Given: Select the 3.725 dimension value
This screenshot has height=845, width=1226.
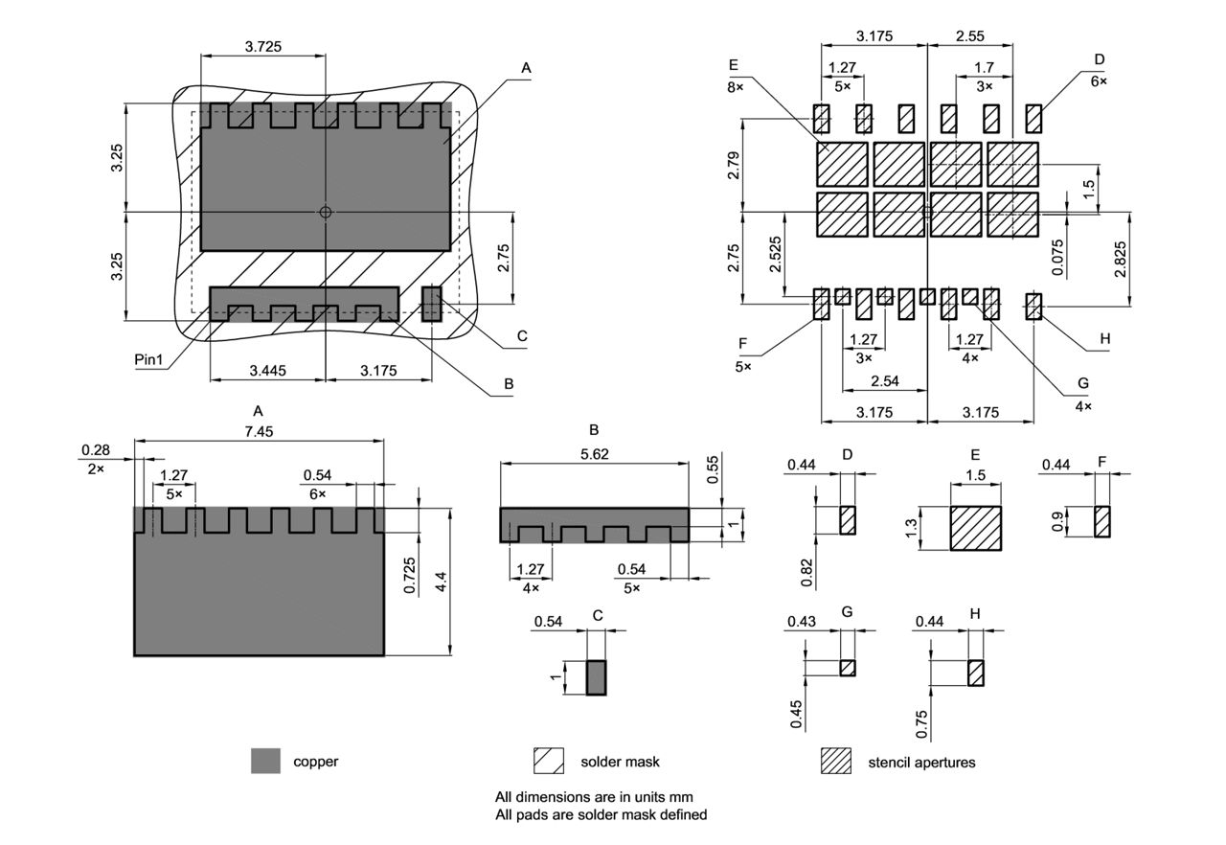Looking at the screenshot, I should (x=262, y=46).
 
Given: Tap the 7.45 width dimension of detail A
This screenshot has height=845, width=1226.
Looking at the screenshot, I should (x=259, y=432).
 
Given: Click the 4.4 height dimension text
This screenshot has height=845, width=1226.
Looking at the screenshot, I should (x=442, y=582).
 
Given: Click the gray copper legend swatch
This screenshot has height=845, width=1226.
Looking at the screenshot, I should (x=265, y=761).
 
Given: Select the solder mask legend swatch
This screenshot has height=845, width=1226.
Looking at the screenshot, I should (x=549, y=761).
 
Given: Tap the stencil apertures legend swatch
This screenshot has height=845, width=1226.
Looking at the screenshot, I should (x=835, y=761).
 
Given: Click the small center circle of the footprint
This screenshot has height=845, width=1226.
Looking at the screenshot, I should (x=326, y=212).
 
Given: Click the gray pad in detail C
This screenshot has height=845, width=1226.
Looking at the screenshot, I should (x=597, y=677).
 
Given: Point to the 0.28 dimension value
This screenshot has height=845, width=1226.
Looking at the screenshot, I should (x=95, y=449).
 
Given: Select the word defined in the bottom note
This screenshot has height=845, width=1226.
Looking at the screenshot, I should (x=678, y=814).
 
